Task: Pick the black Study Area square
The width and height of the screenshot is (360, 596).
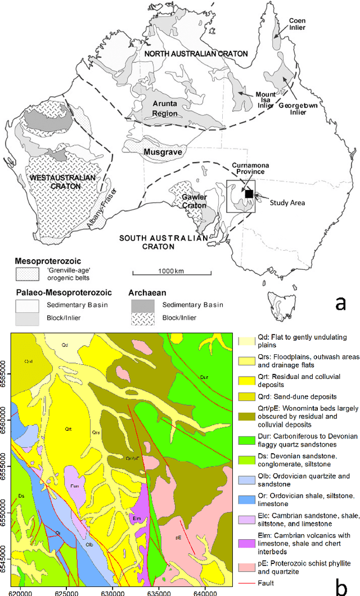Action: (x=248, y=194)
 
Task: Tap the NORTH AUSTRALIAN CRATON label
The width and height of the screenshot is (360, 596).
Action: (x=195, y=53)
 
